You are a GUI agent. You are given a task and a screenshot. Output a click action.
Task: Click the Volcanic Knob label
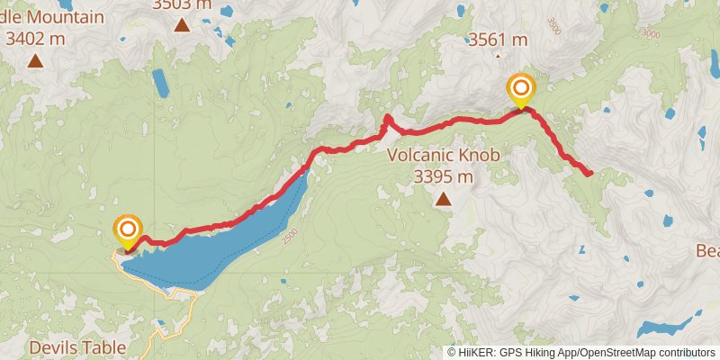(443, 155)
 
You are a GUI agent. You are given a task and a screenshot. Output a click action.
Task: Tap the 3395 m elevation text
(443, 176)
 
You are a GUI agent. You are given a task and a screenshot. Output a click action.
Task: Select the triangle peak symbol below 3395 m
(443, 197)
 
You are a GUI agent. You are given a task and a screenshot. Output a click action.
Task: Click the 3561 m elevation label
(498, 40)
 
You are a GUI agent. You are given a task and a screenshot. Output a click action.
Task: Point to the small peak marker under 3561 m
(498, 55)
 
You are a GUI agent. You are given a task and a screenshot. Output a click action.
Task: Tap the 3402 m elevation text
(35, 39)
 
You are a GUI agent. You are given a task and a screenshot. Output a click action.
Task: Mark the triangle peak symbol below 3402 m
(35, 60)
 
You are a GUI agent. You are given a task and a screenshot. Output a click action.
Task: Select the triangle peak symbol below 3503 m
(183, 24)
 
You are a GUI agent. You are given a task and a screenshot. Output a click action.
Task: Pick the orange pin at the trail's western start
(127, 229)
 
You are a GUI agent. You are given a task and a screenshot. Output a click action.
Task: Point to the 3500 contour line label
(552, 28)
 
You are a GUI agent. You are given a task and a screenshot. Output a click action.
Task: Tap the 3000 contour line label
(650, 33)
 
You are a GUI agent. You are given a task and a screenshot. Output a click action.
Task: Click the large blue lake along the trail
(225, 243)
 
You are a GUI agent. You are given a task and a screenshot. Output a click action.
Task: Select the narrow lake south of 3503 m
(160, 83)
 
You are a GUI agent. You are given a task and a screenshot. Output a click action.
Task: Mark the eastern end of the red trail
(589, 173)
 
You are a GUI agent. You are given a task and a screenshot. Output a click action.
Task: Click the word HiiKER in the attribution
(476, 353)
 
